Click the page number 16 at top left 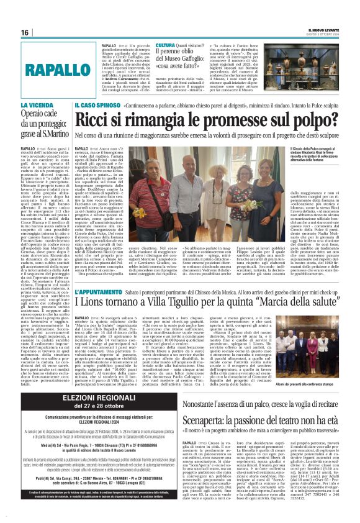25,32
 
